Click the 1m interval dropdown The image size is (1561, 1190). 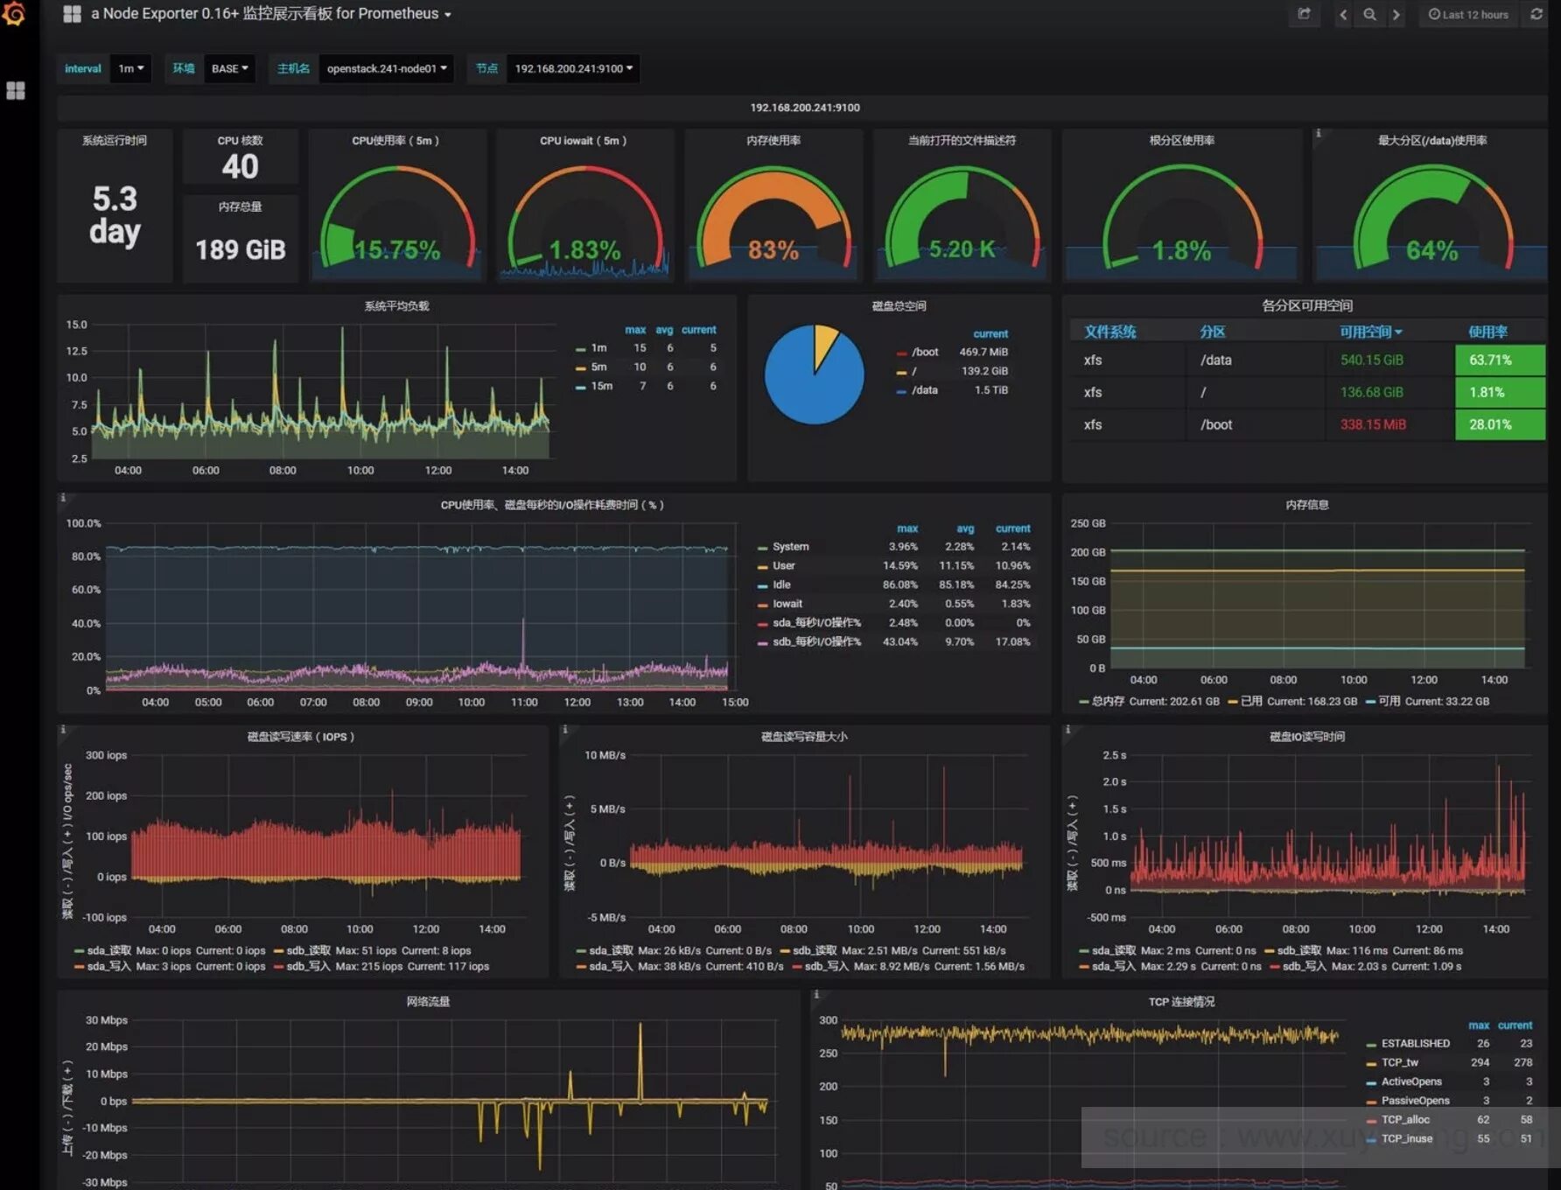pyautogui.click(x=130, y=68)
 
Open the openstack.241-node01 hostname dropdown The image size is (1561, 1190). pyautogui.click(x=386, y=68)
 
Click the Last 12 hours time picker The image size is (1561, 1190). pyautogui.click(x=1469, y=14)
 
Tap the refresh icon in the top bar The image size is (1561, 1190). pyautogui.click(x=1536, y=14)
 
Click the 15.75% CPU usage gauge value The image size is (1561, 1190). pyautogui.click(x=397, y=250)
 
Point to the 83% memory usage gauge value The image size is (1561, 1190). pyautogui.click(x=773, y=250)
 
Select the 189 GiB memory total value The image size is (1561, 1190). pyautogui.click(x=241, y=249)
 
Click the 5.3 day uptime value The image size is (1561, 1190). pyautogui.click(x=115, y=215)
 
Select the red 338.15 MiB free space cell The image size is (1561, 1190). pyautogui.click(x=1373, y=424)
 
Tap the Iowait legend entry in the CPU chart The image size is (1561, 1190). pyautogui.click(x=787, y=604)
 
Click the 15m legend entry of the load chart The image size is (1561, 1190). pyautogui.click(x=601, y=386)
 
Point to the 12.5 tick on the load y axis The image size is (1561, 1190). pyautogui.click(x=77, y=351)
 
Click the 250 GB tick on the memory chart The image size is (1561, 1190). pyautogui.click(x=1088, y=523)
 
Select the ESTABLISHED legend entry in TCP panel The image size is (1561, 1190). pyautogui.click(x=1415, y=1043)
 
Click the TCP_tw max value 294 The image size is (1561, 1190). pyautogui.click(x=1480, y=1062)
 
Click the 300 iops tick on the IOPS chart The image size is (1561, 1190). pyautogui.click(x=106, y=755)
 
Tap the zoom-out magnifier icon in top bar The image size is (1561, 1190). pyautogui.click(x=1369, y=14)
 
